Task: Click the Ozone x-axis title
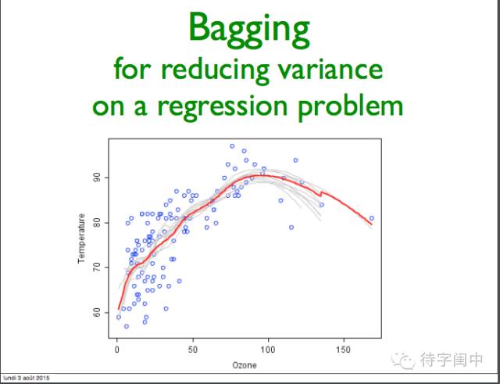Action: pyautogui.click(x=245, y=365)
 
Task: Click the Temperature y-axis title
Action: pyautogui.click(x=81, y=239)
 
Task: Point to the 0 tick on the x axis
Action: pyautogui.click(x=117, y=350)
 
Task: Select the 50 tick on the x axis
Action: pyautogui.click(x=193, y=350)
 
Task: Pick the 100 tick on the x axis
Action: pyautogui.click(x=268, y=350)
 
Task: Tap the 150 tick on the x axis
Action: pyautogui.click(x=344, y=350)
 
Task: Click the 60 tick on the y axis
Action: pyautogui.click(x=97, y=313)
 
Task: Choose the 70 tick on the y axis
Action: pyautogui.click(x=97, y=267)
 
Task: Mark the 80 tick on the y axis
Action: pyautogui.click(x=97, y=223)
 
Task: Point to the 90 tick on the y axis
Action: pyautogui.click(x=97, y=178)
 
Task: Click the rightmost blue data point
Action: pyautogui.click(x=372, y=218)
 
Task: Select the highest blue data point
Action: pyautogui.click(x=232, y=146)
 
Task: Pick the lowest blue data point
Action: pyautogui.click(x=127, y=326)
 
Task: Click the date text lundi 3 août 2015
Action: pyautogui.click(x=27, y=379)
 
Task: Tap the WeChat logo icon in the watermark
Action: pyautogui.click(x=403, y=361)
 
